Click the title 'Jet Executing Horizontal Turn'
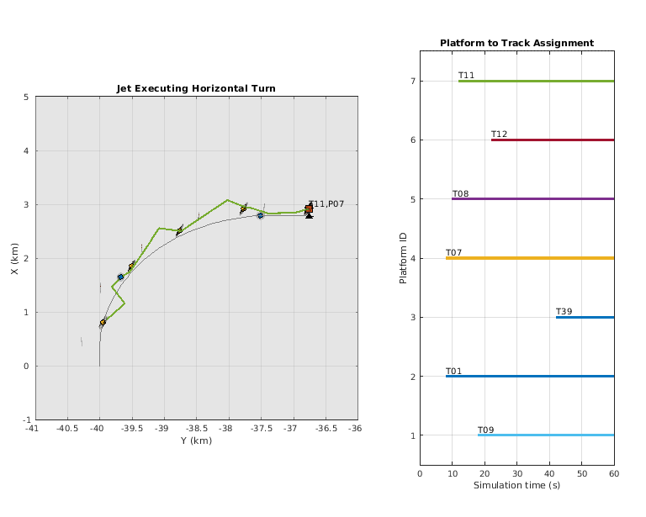tap(195, 88)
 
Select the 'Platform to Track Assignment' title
tap(516, 43)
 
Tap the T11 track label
tap(466, 75)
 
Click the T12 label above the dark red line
tap(499, 134)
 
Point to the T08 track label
tap(460, 193)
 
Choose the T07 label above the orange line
tap(453, 252)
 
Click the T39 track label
tap(564, 312)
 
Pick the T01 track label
tap(453, 371)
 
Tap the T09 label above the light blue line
tap(485, 430)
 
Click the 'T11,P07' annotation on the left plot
tap(326, 203)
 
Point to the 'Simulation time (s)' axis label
tap(516, 484)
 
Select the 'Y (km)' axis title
tap(195, 441)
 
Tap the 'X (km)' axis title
tap(16, 258)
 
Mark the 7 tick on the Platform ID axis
tap(412, 81)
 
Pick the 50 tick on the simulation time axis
tap(581, 472)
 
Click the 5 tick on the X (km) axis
tap(26, 97)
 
